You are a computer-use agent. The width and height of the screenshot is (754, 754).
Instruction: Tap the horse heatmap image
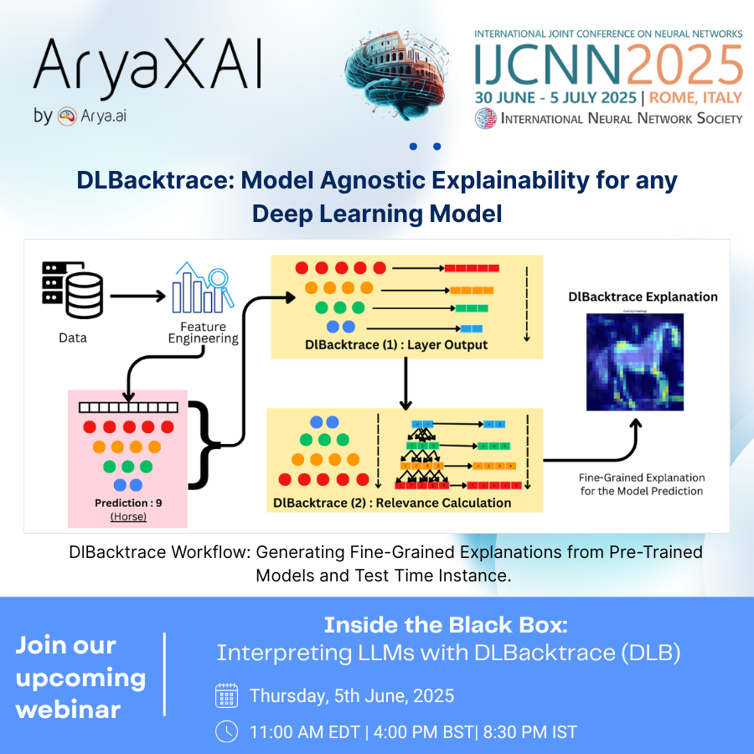[634, 362]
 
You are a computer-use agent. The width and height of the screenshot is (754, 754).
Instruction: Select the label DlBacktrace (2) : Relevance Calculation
[392, 503]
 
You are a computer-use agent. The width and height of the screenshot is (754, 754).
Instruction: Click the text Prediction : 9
[127, 503]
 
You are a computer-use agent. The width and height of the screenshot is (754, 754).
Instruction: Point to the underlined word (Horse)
[128, 517]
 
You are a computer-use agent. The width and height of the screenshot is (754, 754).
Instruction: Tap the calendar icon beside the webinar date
[227, 695]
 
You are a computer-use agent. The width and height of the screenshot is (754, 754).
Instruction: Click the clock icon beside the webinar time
[227, 731]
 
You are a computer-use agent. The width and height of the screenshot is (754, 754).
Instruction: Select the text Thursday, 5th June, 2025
[352, 695]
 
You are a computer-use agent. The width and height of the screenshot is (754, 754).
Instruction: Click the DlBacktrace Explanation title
[643, 297]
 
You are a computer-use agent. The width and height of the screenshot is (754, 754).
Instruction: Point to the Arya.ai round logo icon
[68, 117]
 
